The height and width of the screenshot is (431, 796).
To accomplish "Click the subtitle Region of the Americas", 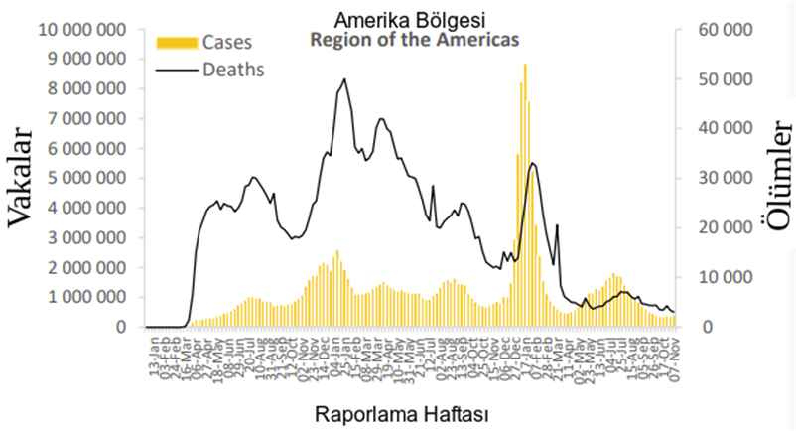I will [x=415, y=41].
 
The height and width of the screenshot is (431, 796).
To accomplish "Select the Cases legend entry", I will [x=227, y=43].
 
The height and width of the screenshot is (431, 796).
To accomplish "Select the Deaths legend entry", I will [x=233, y=70].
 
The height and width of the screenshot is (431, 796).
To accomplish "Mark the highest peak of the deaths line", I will [x=344, y=79].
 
